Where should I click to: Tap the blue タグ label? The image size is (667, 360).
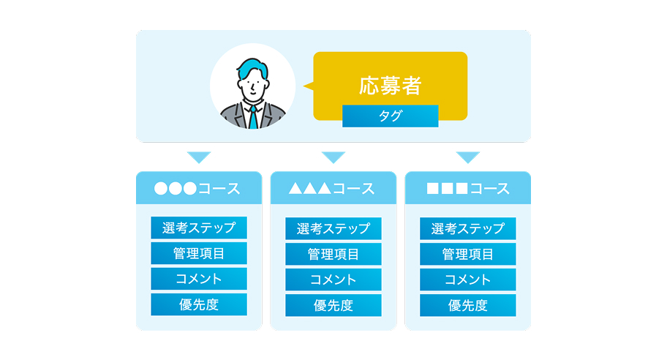coord(390,116)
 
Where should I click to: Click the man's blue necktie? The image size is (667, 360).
coord(253,118)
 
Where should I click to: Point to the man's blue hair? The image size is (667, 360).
coord(252,68)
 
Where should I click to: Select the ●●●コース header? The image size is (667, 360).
coord(199,188)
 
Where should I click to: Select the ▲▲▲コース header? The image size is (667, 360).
coord(333,188)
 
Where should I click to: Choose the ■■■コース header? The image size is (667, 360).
coord(468,188)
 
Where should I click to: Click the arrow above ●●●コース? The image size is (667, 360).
coord(199,157)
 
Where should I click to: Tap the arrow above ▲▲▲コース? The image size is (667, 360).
coord(333,157)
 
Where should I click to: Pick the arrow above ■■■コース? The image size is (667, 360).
coord(468,157)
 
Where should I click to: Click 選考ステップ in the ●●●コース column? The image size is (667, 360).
coord(199,228)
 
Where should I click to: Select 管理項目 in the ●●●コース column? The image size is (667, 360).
coord(199,253)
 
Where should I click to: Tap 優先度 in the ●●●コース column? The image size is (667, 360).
coord(199,304)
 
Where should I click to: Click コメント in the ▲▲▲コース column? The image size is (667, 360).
coord(333,280)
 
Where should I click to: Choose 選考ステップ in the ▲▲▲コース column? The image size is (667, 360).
coord(333,228)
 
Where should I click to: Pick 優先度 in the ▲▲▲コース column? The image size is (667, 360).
coord(333,305)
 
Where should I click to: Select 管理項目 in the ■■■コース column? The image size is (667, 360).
coord(468,254)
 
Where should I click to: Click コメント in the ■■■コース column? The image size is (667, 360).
coord(468,280)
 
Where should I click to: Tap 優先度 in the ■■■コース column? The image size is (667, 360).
coord(468,305)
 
